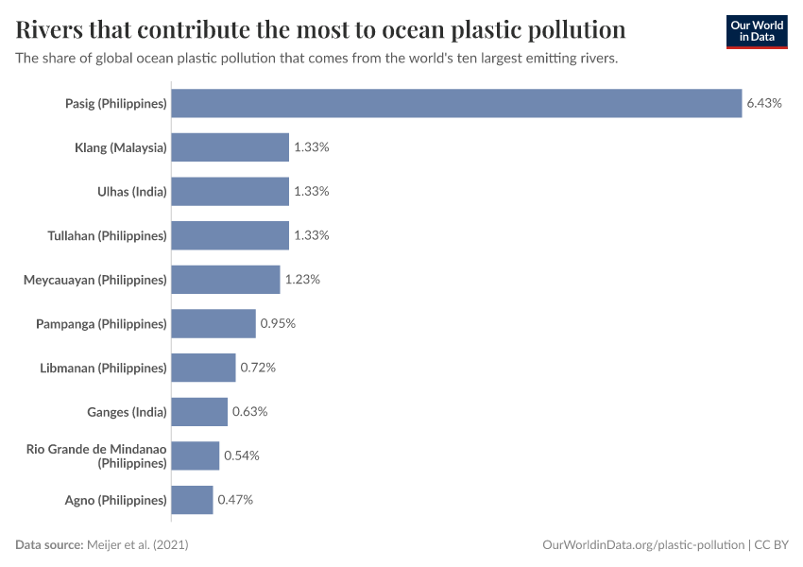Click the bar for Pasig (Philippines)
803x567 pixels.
(456, 103)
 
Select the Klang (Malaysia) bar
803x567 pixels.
(230, 147)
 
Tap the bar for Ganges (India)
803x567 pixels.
(199, 412)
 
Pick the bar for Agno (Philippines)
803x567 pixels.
(192, 500)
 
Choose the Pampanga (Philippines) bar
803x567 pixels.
(214, 323)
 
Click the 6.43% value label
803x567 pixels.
(764, 103)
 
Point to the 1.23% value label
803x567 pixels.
(302, 280)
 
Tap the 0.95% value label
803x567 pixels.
(278, 323)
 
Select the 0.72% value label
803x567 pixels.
(258, 368)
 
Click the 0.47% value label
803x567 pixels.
(235, 500)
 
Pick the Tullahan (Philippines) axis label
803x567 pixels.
(107, 235)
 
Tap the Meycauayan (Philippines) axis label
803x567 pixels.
(94, 280)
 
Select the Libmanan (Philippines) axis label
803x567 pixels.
(103, 368)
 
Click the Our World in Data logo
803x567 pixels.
(756, 31)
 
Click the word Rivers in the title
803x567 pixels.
(57, 30)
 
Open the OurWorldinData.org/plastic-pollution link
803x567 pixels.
(643, 545)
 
